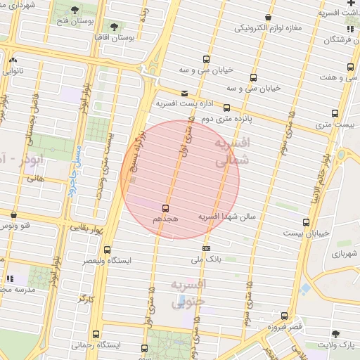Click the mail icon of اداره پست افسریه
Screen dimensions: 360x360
[184, 93]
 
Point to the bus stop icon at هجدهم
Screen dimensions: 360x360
[166, 208]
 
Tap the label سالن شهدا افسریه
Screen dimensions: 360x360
[229, 216]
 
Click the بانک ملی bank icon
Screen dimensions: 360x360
[206, 248]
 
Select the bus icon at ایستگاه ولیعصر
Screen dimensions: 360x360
[107, 250]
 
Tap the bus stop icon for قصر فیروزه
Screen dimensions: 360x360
[284, 316]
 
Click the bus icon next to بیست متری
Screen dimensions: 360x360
[335, 112]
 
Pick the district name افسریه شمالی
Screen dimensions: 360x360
[231, 153]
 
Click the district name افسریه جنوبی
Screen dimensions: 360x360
[188, 292]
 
